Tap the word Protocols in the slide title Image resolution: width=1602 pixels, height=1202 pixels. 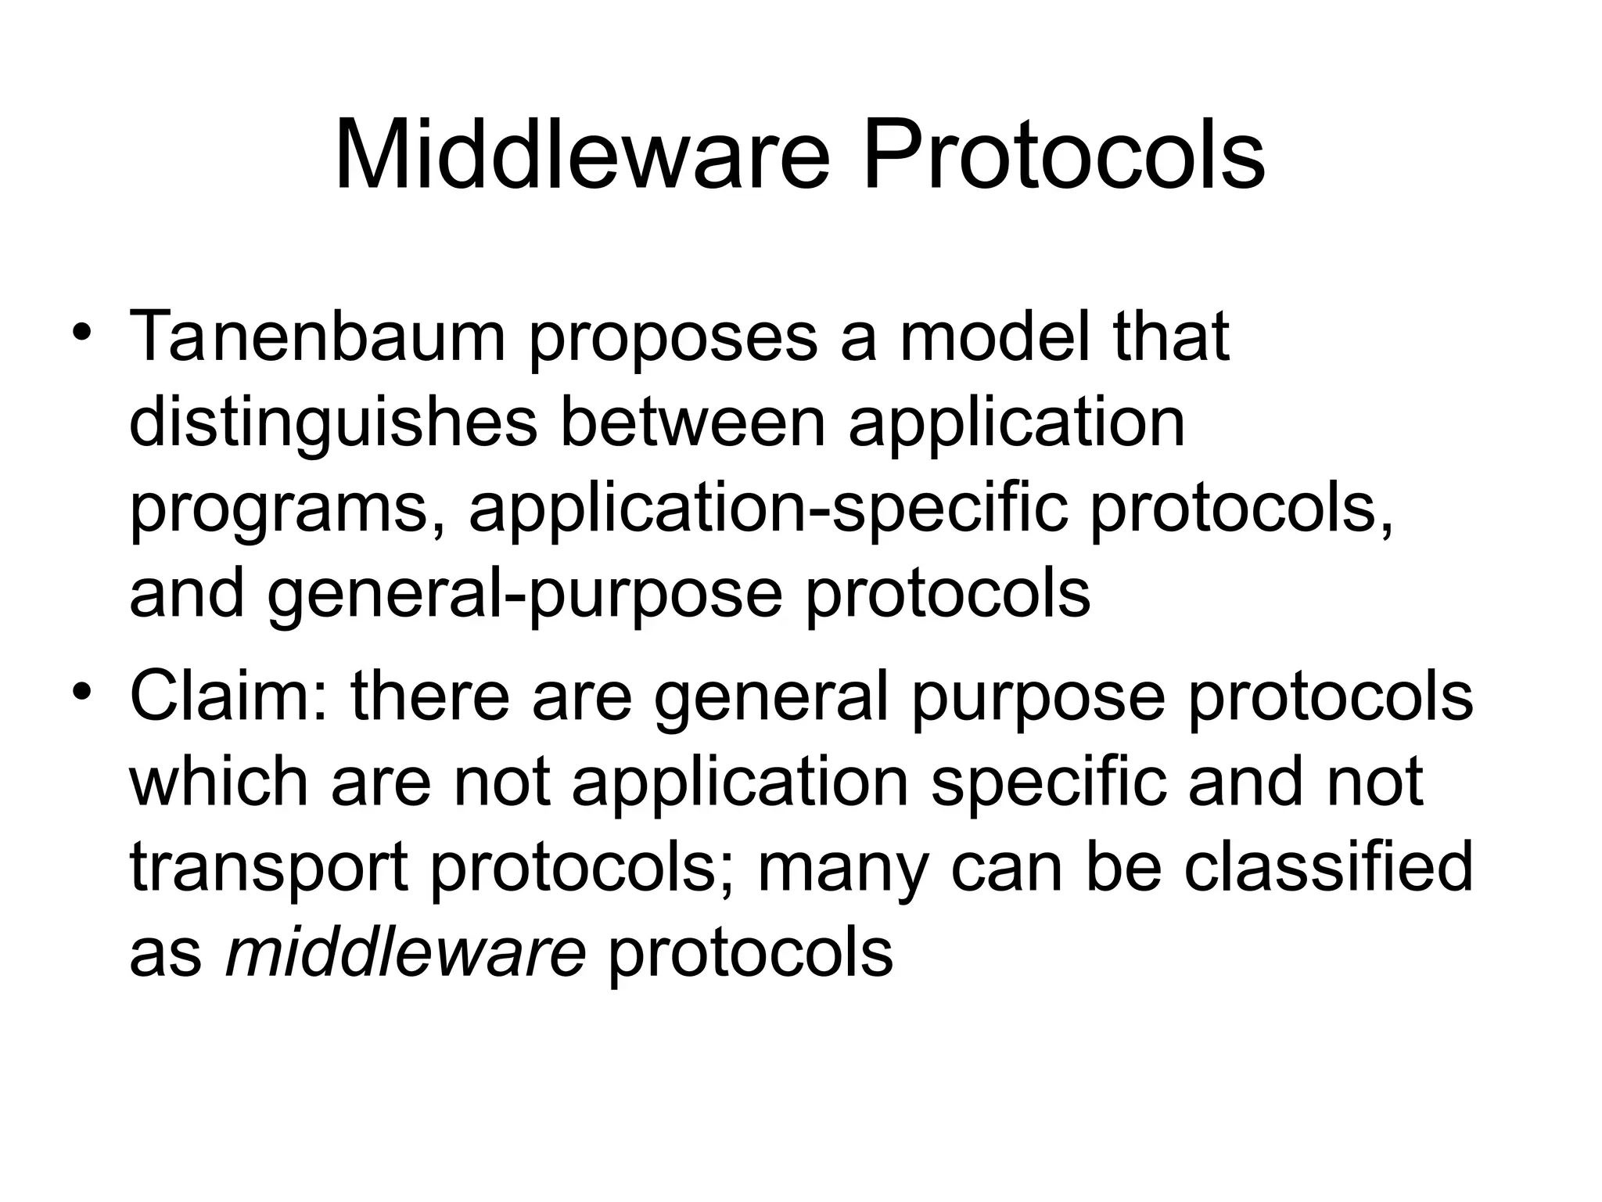click(x=1063, y=156)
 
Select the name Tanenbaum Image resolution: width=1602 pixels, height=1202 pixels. click(x=318, y=337)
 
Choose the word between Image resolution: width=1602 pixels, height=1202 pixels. click(x=693, y=423)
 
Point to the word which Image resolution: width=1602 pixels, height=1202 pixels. click(x=219, y=782)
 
